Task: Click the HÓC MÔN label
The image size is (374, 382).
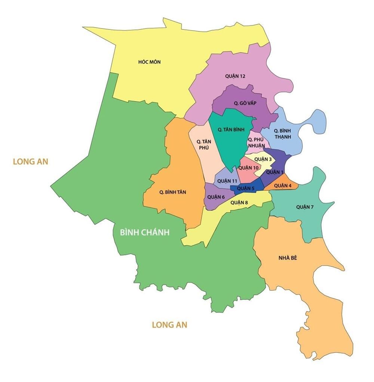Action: tap(149, 62)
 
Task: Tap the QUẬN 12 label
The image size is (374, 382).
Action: tap(235, 76)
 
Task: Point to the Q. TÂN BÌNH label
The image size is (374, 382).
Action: tap(231, 130)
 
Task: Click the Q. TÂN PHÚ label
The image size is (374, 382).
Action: tap(205, 145)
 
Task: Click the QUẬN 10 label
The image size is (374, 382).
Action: tap(248, 168)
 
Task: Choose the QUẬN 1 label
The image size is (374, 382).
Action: tap(275, 172)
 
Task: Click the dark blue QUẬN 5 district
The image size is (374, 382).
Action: tap(246, 188)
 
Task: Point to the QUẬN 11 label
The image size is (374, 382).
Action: tap(227, 181)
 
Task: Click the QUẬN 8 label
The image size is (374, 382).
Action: tap(239, 203)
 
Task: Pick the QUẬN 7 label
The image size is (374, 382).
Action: tap(305, 207)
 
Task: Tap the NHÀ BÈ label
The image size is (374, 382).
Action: tap(288, 258)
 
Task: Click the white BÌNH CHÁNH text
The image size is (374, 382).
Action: tap(145, 232)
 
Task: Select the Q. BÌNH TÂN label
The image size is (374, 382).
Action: tap(173, 192)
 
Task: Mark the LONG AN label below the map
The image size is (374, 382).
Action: tap(169, 325)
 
